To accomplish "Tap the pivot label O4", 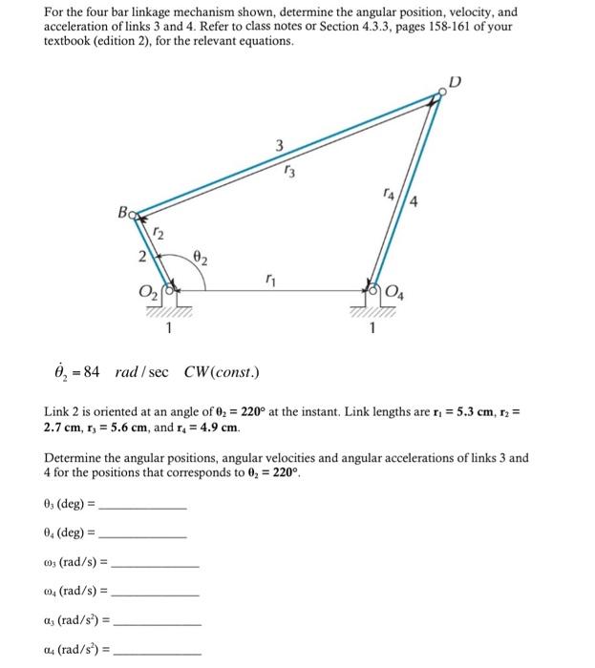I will (396, 291).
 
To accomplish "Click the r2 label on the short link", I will (159, 234).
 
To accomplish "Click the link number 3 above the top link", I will (279, 146).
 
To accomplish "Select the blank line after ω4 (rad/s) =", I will (157, 594).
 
